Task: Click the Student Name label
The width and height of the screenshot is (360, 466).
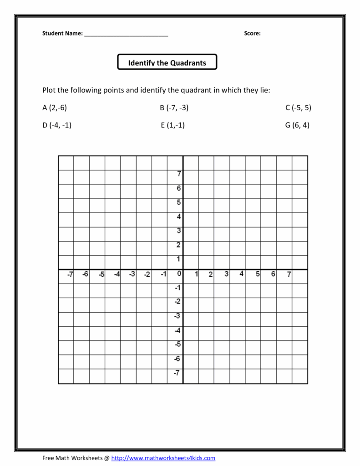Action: [62, 33]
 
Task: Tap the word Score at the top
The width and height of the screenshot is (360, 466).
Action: [252, 33]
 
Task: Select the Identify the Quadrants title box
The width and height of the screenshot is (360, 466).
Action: [167, 62]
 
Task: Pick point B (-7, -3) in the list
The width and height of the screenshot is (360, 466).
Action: [174, 108]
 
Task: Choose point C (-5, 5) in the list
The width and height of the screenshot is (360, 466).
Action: [298, 108]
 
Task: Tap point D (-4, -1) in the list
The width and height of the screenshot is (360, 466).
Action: [57, 125]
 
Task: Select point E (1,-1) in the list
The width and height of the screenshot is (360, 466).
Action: [172, 125]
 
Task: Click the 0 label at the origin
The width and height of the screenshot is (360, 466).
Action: [179, 274]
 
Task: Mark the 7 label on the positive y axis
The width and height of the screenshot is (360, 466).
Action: [179, 173]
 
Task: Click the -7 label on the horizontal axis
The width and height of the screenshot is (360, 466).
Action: [70, 274]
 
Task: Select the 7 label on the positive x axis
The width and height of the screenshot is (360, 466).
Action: [289, 274]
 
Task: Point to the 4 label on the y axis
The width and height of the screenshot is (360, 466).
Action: [179, 217]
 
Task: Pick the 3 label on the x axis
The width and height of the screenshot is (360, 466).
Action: [227, 274]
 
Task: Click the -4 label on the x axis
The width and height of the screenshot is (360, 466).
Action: [117, 274]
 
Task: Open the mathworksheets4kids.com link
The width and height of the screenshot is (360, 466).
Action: [163, 458]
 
